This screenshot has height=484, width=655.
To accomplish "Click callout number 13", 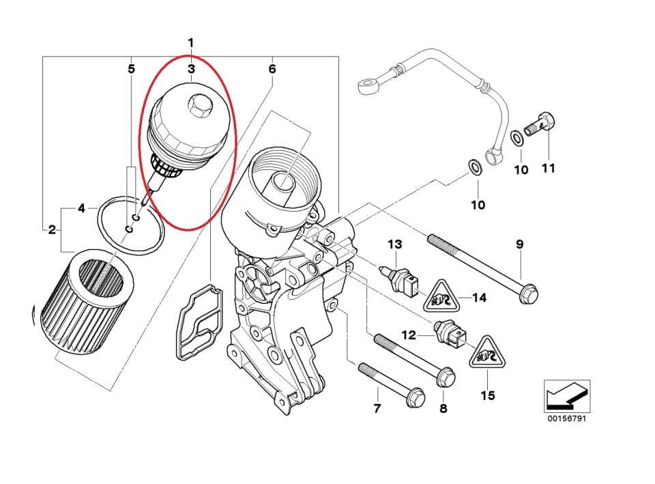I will click(396, 244).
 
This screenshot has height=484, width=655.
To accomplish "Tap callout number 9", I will click(519, 244).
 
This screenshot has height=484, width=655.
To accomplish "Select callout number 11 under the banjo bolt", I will click(548, 169).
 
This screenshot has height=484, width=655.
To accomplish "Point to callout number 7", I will click(377, 409).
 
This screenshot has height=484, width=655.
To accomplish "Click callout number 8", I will click(443, 409).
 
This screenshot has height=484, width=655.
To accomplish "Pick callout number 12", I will click(409, 335).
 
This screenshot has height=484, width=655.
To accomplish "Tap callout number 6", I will click(272, 69).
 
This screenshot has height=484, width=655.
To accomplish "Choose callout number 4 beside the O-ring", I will click(81, 208).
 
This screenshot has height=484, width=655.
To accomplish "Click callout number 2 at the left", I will click(52, 229).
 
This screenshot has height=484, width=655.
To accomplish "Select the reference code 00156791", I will click(566, 418).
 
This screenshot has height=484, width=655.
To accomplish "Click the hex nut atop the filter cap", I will click(201, 104).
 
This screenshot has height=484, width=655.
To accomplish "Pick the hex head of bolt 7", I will click(415, 398).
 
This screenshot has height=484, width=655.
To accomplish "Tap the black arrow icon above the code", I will click(566, 395).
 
